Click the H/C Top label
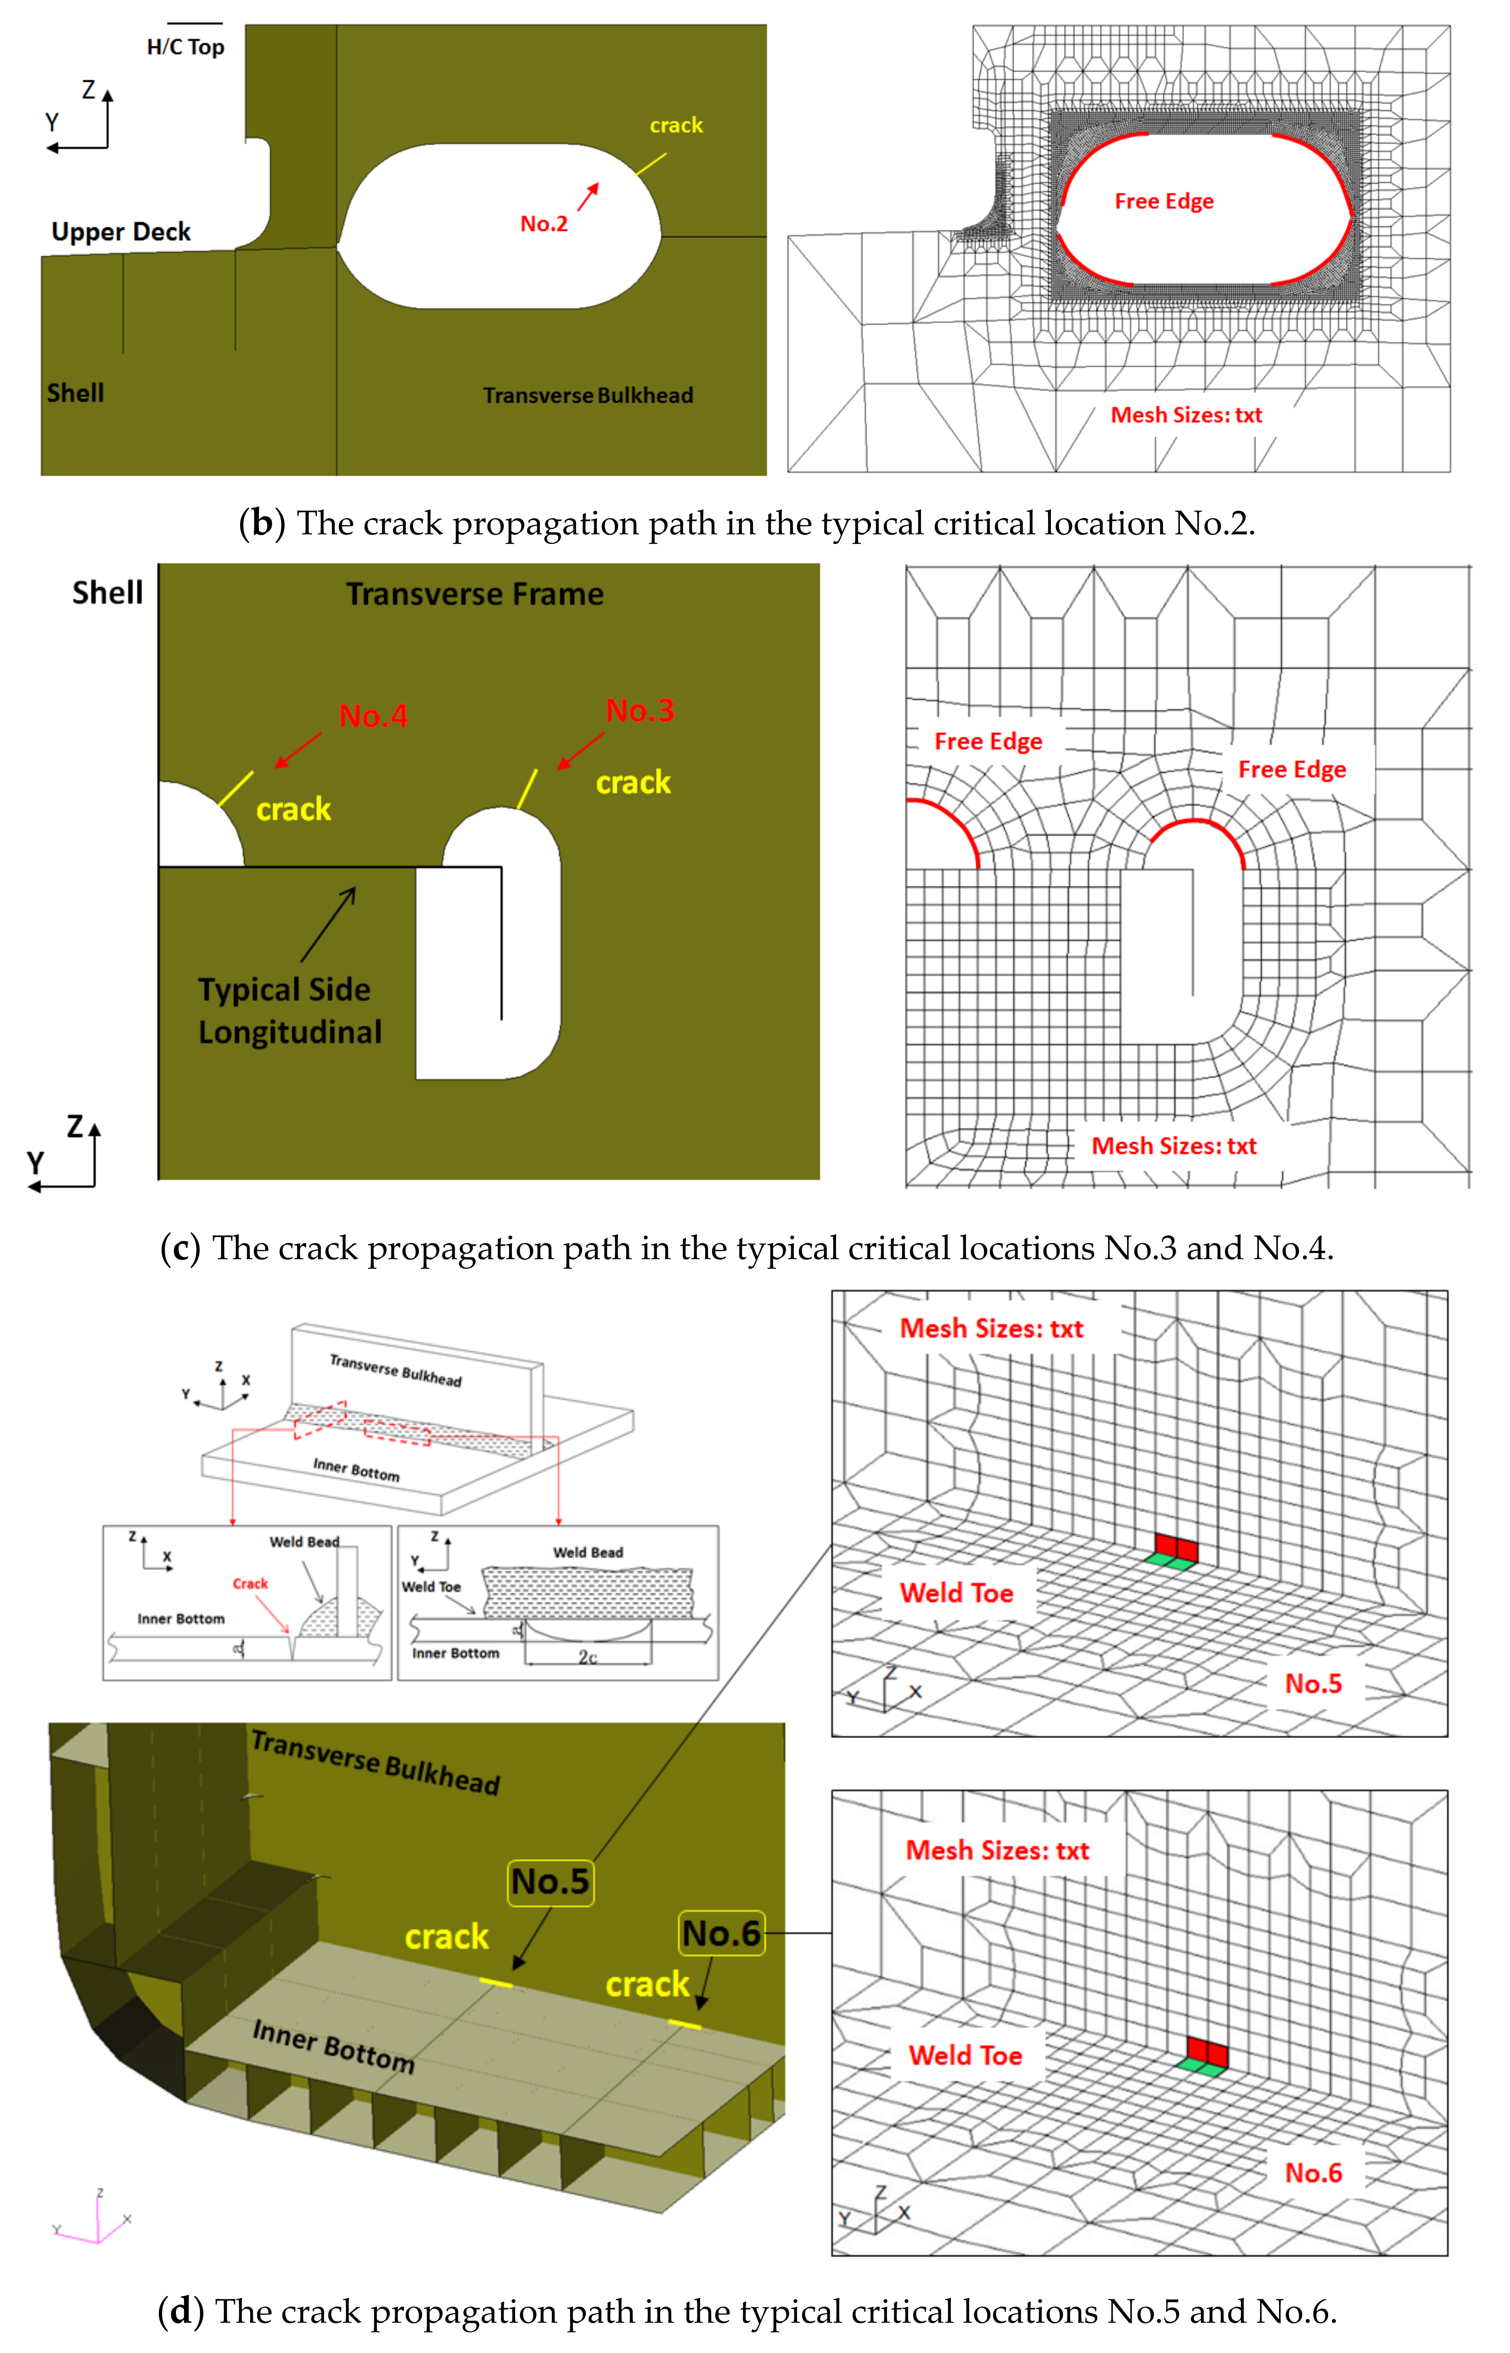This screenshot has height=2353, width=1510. click(185, 47)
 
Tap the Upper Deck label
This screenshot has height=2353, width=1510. click(121, 232)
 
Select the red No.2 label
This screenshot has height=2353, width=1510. click(543, 224)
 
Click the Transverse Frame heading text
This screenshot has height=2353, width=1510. click(475, 594)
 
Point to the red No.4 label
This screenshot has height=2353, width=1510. click(373, 716)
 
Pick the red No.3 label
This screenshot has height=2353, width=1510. click(639, 710)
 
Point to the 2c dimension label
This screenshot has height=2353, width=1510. click(587, 1657)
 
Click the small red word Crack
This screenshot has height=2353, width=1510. click(250, 1583)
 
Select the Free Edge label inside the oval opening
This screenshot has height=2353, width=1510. click(1164, 201)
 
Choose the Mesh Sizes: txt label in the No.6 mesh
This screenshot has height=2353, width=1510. click(997, 1850)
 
